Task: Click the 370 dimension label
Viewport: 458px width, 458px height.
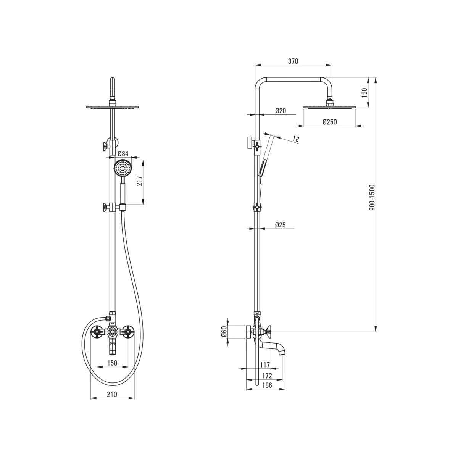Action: click(293, 61)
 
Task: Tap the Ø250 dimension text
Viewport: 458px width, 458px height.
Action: click(330, 122)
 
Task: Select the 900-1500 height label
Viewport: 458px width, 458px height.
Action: click(372, 197)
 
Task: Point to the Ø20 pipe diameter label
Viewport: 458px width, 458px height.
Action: click(281, 111)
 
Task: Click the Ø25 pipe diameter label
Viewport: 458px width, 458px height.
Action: click(280, 224)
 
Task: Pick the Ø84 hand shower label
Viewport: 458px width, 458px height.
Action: click(123, 153)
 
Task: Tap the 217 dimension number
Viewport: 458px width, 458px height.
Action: click(140, 181)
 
